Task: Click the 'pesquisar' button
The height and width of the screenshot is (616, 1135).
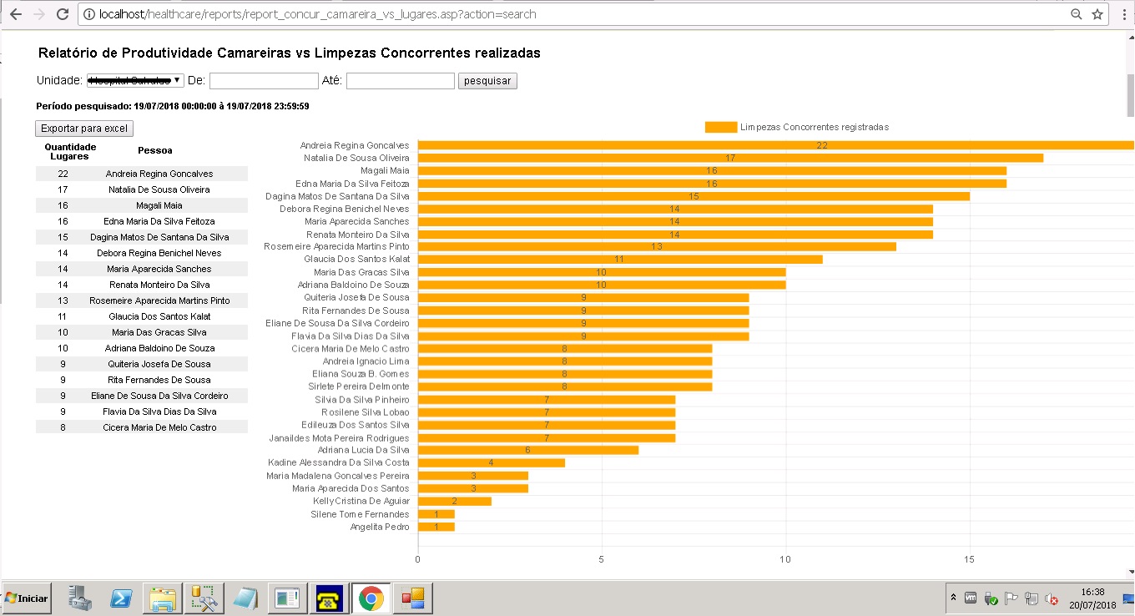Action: tap(488, 81)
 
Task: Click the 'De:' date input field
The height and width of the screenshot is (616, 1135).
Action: tap(264, 81)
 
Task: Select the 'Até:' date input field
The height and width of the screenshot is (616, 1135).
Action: tap(401, 81)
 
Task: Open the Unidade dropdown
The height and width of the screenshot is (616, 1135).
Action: tap(135, 80)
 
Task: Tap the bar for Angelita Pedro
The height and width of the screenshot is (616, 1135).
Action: tap(436, 527)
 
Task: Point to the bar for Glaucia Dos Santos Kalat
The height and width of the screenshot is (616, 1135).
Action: tap(619, 260)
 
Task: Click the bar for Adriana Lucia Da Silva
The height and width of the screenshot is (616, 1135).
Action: tap(527, 450)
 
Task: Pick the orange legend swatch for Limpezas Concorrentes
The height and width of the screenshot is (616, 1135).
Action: tap(720, 127)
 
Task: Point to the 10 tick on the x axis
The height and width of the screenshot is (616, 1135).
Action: tap(785, 559)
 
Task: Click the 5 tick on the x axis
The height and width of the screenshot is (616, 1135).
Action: tap(602, 559)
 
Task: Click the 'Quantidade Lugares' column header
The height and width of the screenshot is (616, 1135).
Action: tap(70, 151)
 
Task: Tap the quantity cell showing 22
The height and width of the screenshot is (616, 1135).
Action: tap(63, 174)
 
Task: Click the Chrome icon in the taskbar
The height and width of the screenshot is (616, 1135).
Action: tap(371, 598)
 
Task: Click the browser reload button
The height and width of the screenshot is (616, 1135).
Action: tap(63, 14)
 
